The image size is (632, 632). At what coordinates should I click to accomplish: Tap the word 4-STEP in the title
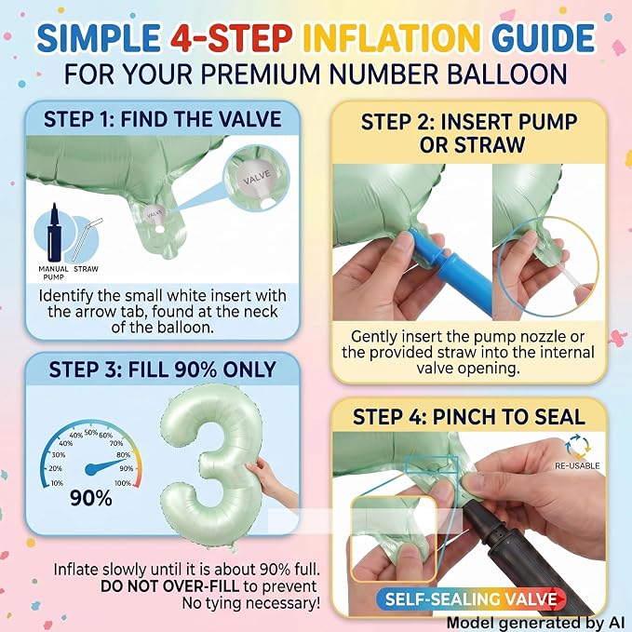tap(231, 37)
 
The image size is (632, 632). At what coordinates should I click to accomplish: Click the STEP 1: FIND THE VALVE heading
tap(163, 119)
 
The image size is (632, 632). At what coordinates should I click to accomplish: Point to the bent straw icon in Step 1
tap(87, 239)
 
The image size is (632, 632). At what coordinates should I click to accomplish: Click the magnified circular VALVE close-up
tap(256, 178)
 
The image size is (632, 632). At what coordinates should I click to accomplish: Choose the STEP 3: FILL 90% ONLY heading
tap(163, 370)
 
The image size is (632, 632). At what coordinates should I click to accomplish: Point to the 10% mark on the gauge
tap(57, 483)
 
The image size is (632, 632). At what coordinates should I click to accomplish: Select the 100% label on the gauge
tap(123, 483)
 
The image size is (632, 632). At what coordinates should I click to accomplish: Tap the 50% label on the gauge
tap(91, 433)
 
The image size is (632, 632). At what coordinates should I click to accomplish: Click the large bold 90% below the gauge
tap(91, 498)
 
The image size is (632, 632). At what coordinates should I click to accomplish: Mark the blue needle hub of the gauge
tap(91, 469)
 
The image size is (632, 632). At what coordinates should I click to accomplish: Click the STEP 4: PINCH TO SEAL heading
tap(469, 417)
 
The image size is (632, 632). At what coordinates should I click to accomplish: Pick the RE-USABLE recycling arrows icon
tap(577, 447)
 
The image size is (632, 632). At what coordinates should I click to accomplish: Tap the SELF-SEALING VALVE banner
tap(470, 599)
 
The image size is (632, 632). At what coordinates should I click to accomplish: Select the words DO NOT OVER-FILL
tap(170, 586)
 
